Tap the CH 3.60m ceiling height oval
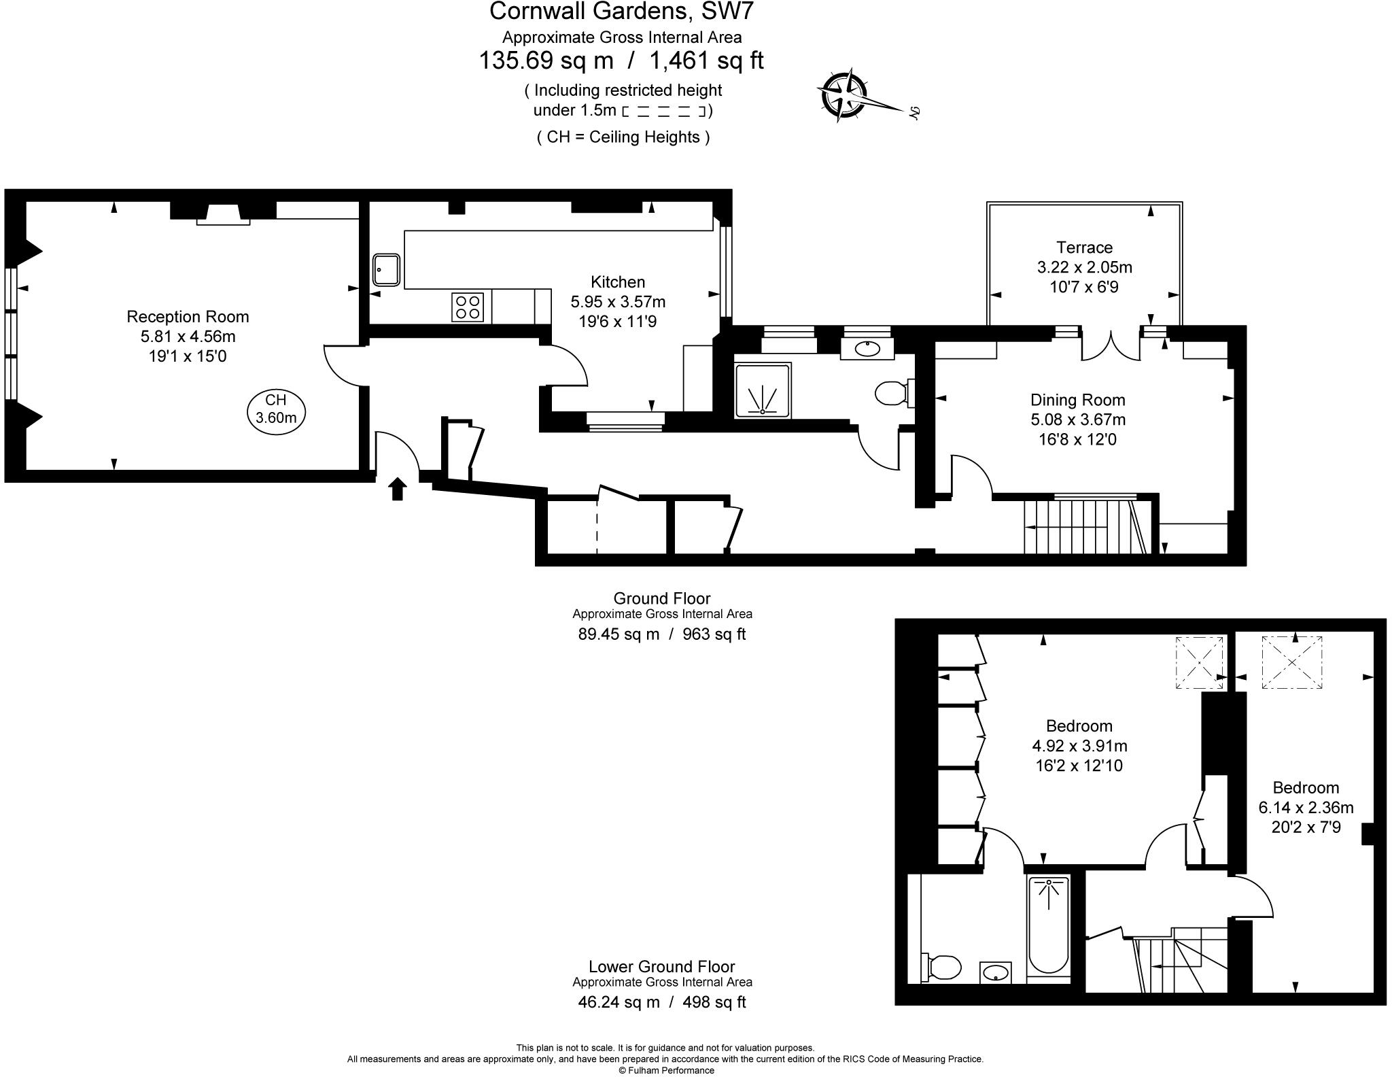click(276, 409)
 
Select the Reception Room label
click(188, 317)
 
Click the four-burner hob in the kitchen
click(468, 307)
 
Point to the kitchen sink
click(386, 270)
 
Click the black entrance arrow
click(398, 488)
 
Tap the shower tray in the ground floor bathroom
click(763, 390)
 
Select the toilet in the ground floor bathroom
click(892, 393)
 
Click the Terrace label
click(1084, 247)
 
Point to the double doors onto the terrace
click(1111, 345)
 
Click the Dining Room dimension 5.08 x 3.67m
click(1077, 420)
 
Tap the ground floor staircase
click(1081, 527)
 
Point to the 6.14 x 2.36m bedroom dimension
click(1306, 808)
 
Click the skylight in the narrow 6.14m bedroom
click(1292, 662)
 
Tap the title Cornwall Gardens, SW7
click(621, 12)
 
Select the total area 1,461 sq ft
click(707, 61)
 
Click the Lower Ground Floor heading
click(661, 966)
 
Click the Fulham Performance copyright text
click(666, 1070)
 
